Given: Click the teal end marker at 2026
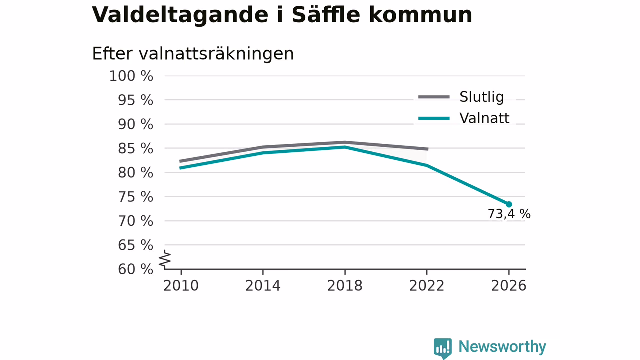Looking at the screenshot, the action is tap(509, 204).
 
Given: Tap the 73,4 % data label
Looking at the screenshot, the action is tap(509, 214).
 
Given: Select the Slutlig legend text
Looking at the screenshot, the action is tap(481, 97).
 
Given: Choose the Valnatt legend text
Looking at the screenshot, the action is tap(484, 118).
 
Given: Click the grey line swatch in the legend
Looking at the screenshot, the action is tap(434, 97).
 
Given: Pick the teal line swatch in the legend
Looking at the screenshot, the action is tap(434, 118).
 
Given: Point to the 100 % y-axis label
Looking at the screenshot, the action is tap(131, 76).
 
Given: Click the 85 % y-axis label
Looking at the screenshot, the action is tap(135, 148).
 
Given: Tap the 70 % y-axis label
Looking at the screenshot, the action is tap(135, 221).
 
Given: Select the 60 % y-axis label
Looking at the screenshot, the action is tap(135, 269).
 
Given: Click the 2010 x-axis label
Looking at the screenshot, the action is tap(181, 286).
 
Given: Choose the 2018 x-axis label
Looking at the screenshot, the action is tap(345, 286).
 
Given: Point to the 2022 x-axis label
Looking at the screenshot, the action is tap(427, 286).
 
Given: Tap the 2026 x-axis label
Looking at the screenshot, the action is tap(509, 286).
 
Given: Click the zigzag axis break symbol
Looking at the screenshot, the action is tap(165, 259).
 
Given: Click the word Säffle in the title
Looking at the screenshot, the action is tap(326, 14).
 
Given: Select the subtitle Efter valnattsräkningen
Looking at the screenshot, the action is tap(193, 53).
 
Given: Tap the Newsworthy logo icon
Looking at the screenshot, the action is tap(443, 348).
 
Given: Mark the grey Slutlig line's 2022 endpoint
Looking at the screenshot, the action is tap(428, 149).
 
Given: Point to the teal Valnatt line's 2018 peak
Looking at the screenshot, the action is tap(345, 147).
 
